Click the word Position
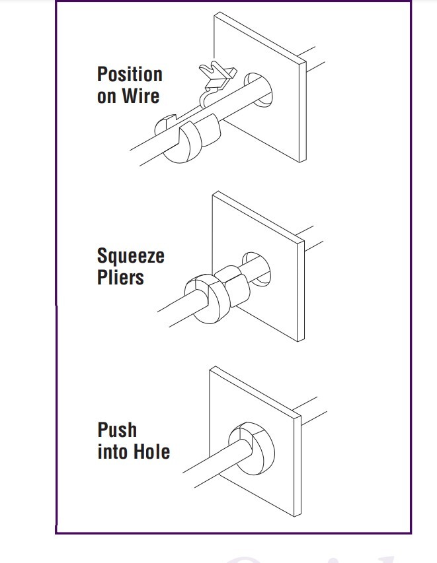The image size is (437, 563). (130, 75)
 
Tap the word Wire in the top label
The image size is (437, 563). (140, 96)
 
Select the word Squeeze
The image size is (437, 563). (130, 256)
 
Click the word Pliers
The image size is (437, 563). (120, 277)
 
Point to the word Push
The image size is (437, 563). (117, 430)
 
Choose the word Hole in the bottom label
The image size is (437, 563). (152, 451)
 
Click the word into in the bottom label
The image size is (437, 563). (113, 451)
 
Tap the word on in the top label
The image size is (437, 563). (106, 97)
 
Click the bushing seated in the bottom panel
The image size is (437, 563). (252, 448)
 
